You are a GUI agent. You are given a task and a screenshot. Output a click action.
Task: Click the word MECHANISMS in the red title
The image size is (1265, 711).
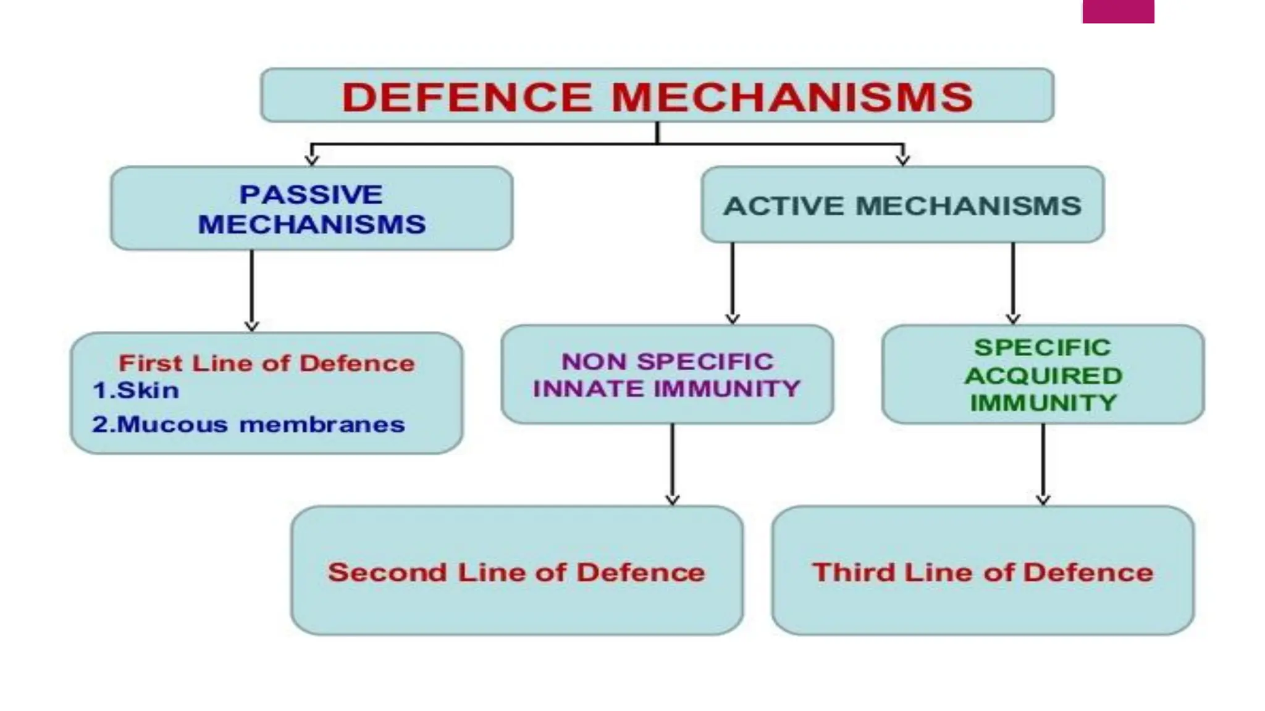tap(792, 98)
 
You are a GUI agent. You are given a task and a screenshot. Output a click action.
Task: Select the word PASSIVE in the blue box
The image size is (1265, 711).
tap(311, 195)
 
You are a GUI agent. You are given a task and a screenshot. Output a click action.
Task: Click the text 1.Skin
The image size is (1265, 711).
tap(136, 391)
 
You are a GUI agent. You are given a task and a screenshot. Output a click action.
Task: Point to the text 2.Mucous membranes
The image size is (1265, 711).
tap(248, 425)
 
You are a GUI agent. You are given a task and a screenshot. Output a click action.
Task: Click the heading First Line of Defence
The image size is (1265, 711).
tap(266, 364)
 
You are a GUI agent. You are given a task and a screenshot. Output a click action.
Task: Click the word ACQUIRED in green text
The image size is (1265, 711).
tap(1043, 375)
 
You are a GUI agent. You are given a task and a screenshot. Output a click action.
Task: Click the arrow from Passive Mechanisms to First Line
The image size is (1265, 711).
tap(251, 290)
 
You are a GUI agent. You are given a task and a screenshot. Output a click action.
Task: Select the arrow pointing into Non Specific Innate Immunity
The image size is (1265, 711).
tap(733, 284)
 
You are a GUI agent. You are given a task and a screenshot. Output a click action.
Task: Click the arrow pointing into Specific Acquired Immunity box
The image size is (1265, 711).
tap(1013, 284)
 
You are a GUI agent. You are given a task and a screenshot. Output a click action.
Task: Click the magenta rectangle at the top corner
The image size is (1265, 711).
tap(1118, 11)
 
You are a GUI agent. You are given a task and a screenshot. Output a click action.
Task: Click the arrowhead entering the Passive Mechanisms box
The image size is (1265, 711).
tap(312, 159)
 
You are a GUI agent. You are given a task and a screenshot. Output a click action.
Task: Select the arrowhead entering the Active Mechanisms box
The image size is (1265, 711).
tap(903, 159)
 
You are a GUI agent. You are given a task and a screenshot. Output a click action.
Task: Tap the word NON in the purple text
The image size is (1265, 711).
tap(594, 362)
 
